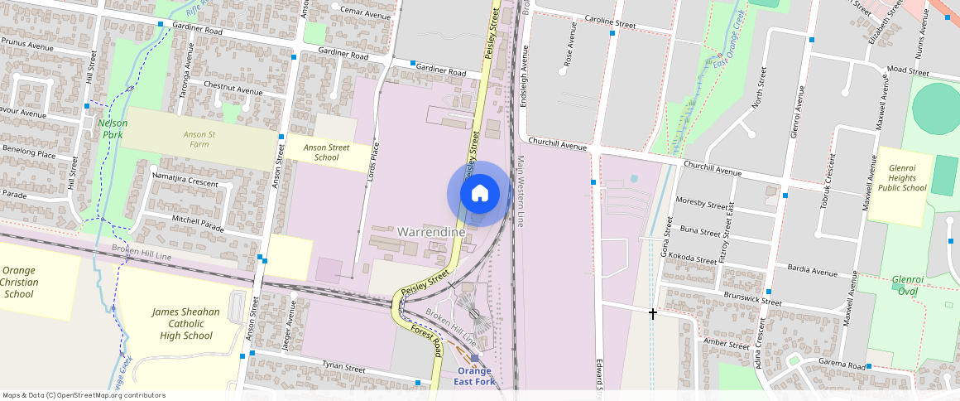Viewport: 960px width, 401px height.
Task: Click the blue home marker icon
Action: pyautogui.click(x=479, y=194)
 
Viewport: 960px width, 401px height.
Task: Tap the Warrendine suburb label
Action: pyautogui.click(x=431, y=232)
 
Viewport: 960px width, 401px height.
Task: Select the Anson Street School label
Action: pyautogui.click(x=327, y=152)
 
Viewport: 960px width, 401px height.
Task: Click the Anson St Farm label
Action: pyautogui.click(x=199, y=139)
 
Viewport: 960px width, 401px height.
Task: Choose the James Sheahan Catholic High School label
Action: pyautogui.click(x=186, y=324)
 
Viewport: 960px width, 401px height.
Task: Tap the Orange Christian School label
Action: pyautogui.click(x=19, y=282)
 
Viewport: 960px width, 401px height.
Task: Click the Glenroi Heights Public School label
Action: pyautogui.click(x=901, y=177)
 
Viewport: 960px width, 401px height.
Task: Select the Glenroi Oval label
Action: pyautogui.click(x=908, y=285)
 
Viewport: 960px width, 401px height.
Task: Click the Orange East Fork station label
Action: pyautogui.click(x=472, y=376)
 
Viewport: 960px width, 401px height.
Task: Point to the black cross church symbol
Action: pyautogui.click(x=653, y=313)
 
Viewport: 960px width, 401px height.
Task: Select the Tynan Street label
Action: pyautogui.click(x=343, y=368)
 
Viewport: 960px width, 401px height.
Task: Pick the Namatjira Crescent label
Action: pyautogui.click(x=185, y=180)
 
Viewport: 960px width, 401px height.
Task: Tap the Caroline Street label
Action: pyautogui.click(x=610, y=22)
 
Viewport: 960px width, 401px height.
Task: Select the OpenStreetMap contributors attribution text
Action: pyautogui.click(x=84, y=395)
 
